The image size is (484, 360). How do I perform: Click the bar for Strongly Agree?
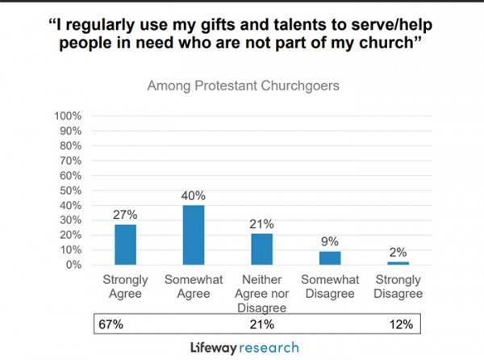coord(125,244)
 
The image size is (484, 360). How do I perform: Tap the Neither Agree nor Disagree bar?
coord(261,249)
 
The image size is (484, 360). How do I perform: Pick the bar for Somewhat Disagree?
coord(330,257)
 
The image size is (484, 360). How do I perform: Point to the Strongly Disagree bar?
coord(398,262)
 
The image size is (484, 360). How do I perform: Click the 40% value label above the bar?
coord(194,196)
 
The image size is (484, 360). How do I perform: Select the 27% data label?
coord(125,216)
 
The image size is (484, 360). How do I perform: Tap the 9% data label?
coord(329,241)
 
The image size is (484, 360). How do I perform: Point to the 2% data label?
coord(398,252)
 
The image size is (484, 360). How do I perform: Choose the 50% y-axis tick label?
coord(69,190)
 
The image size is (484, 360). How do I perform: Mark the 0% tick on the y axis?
coord(73,265)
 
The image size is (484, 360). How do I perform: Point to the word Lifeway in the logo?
coord(210,348)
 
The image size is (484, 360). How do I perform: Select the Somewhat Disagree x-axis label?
coord(330,288)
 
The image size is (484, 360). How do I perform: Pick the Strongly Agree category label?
coord(125,288)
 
